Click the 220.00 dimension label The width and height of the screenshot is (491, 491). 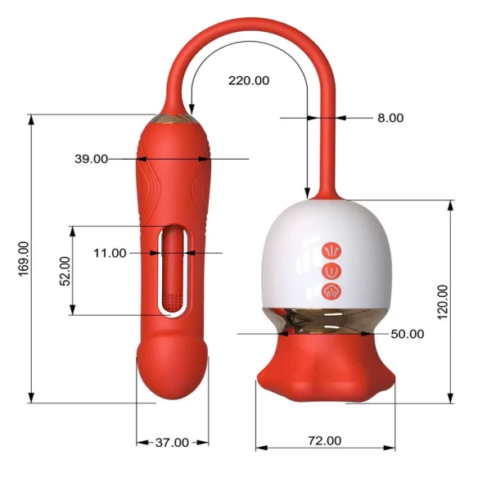click(x=249, y=81)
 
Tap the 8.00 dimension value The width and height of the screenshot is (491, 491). click(x=390, y=118)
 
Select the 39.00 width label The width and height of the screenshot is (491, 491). click(x=91, y=159)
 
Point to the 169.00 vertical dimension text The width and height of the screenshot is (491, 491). click(x=24, y=259)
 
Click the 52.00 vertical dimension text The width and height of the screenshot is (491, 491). click(x=65, y=271)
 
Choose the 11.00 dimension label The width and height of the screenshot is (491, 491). click(x=110, y=253)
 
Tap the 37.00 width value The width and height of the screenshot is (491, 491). click(x=172, y=443)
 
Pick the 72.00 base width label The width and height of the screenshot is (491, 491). click(x=324, y=440)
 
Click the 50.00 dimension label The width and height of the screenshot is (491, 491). click(x=408, y=334)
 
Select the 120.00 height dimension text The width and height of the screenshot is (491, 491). click(x=443, y=302)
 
